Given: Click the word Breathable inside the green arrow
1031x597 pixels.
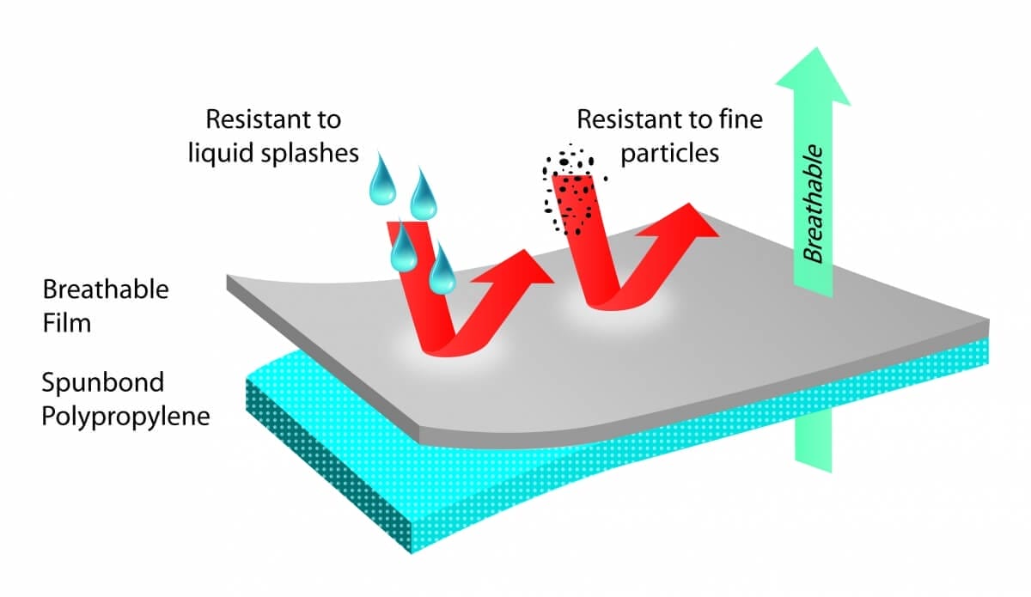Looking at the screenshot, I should [813, 204].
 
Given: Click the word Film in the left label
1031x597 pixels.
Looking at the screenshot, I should [66, 325].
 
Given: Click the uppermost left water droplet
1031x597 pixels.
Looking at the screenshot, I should [380, 183].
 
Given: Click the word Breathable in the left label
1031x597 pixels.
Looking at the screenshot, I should [106, 289].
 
